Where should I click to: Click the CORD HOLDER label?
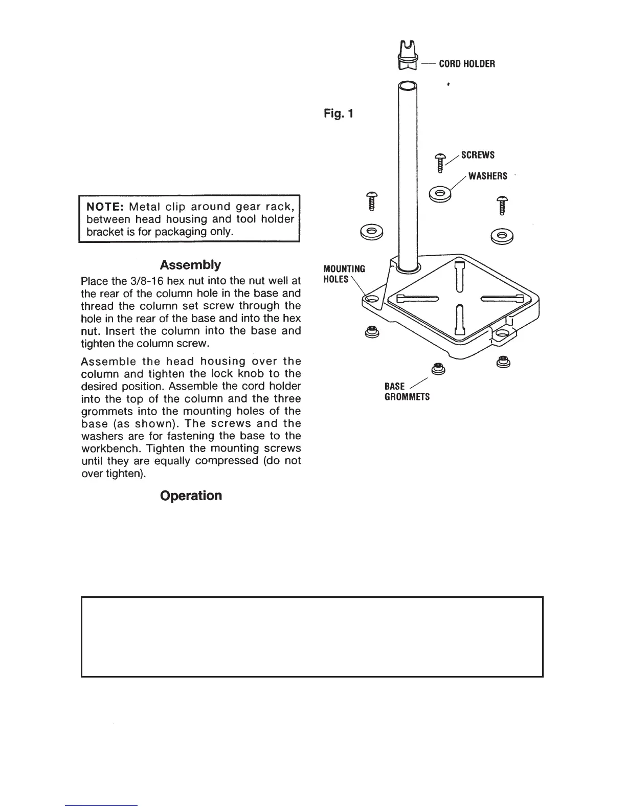[x=467, y=64]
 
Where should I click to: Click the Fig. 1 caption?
[x=338, y=113]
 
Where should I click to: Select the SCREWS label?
[x=478, y=155]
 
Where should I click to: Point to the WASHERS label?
[x=487, y=176]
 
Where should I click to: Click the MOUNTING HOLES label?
[x=344, y=274]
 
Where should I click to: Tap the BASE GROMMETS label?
[x=407, y=392]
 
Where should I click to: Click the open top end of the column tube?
[x=408, y=86]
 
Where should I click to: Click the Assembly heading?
[x=190, y=265]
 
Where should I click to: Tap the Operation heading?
[x=191, y=496]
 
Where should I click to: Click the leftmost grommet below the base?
[x=372, y=332]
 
